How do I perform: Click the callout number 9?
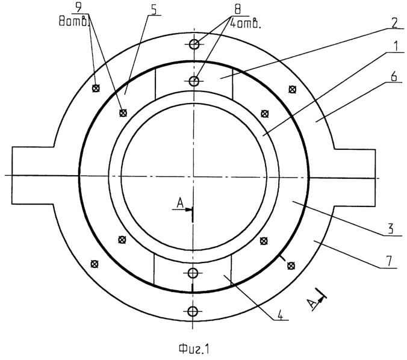(x=78, y=7)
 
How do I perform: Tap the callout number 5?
(x=154, y=10)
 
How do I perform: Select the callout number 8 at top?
(x=237, y=9)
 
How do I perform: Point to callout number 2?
(x=394, y=23)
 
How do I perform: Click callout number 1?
(x=395, y=47)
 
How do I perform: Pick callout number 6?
(x=394, y=77)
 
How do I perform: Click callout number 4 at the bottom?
(x=279, y=315)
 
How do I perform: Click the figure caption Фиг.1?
(x=194, y=349)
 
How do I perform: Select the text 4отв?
(x=246, y=24)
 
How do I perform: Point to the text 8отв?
(x=74, y=22)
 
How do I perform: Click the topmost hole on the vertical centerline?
(x=194, y=45)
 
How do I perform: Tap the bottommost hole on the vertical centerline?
(x=193, y=311)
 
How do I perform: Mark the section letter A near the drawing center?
(x=180, y=203)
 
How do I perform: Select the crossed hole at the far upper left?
(x=96, y=88)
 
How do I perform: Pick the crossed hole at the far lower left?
(x=95, y=264)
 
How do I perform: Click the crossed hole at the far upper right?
(x=293, y=90)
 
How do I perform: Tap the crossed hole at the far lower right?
(x=291, y=265)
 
